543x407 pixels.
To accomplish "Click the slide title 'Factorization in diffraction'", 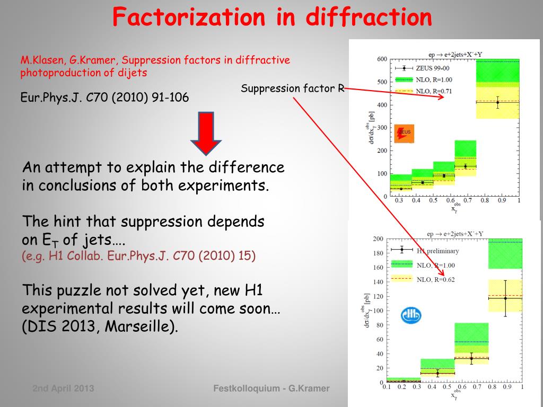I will pos(272,17).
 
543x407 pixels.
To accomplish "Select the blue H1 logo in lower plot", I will pos(411,316).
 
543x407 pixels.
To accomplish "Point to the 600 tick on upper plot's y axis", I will pos(381,59).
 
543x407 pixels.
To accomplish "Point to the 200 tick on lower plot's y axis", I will pos(378,239).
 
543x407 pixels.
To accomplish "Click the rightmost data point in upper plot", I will pos(497,102).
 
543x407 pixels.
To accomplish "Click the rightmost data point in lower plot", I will pos(505,298).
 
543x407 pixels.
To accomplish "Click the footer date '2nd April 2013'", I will pos(63,388).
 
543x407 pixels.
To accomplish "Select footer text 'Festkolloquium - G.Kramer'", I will pos(271,388).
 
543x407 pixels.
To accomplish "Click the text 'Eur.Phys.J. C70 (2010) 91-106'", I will pos(104,98).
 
